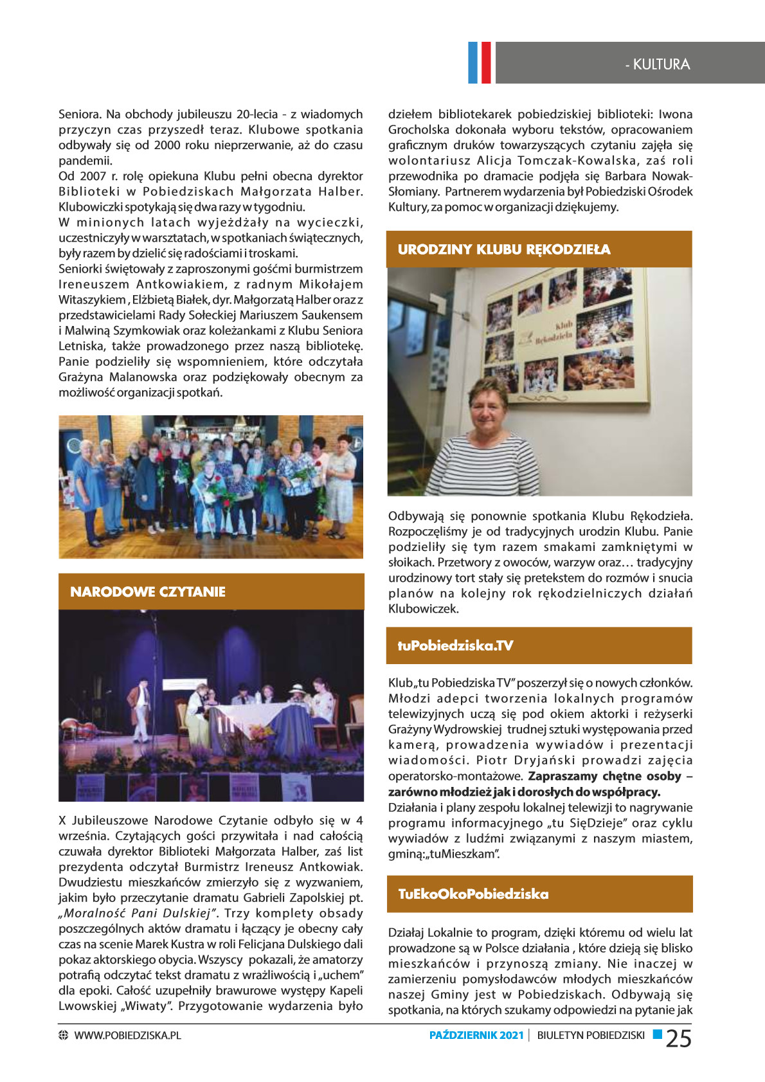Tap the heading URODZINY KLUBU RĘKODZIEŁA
point(504,249)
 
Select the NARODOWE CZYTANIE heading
point(148,592)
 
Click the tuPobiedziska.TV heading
point(455,645)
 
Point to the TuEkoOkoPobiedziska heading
point(473,894)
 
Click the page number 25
point(678,1038)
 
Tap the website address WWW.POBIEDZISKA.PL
point(127,1036)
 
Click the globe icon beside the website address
point(63,1036)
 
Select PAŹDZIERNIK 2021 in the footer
point(476,1036)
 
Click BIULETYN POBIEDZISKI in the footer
point(591,1036)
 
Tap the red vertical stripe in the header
point(485,62)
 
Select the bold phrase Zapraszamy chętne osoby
point(604,776)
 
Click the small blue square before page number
point(658,1034)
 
